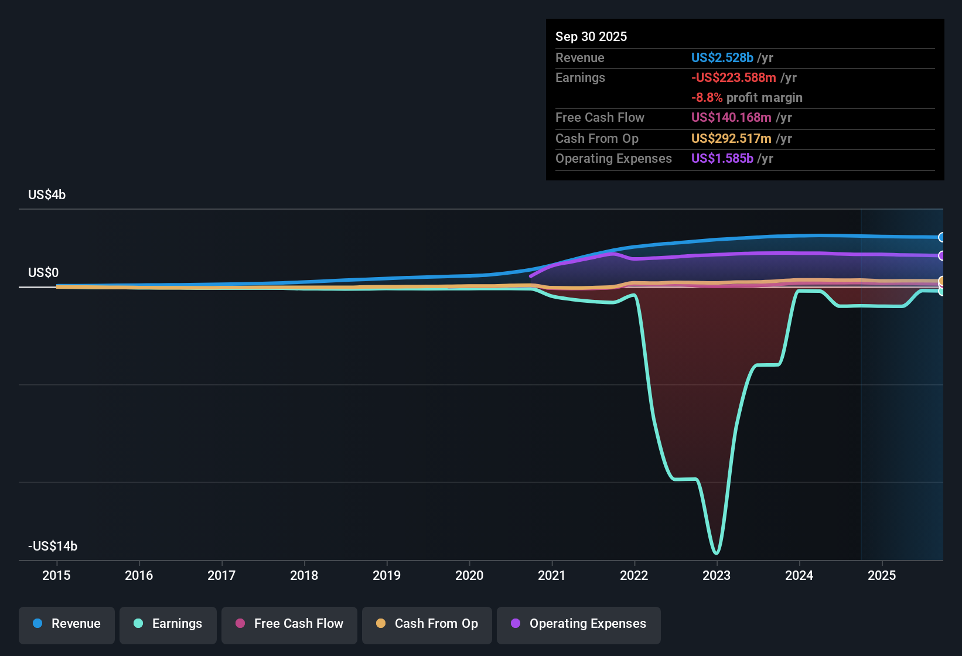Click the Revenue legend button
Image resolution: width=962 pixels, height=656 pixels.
(x=67, y=624)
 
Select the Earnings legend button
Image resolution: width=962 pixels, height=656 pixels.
(x=168, y=624)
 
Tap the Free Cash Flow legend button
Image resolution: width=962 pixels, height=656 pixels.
(x=289, y=624)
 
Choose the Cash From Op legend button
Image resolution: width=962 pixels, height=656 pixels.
(x=427, y=624)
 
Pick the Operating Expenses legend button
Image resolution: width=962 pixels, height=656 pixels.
(x=579, y=624)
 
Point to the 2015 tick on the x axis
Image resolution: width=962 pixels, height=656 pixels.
(x=56, y=575)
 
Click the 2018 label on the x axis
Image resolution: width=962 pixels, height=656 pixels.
(x=304, y=575)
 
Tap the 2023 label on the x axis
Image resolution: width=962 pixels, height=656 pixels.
(x=717, y=575)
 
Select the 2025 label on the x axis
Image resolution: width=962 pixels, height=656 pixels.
(x=882, y=575)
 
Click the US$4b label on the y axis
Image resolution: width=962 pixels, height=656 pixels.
(x=47, y=195)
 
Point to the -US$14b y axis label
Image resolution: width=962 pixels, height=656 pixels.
(x=53, y=546)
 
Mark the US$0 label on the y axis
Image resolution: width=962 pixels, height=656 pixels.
(x=43, y=273)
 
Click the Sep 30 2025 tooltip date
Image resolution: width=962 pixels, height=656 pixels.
(x=591, y=37)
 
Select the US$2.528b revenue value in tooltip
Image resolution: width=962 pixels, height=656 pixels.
(x=722, y=58)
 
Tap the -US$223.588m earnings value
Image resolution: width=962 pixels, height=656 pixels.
(x=734, y=78)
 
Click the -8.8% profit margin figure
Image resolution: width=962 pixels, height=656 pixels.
(x=707, y=98)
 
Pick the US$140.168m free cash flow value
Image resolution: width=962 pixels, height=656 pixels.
(x=731, y=118)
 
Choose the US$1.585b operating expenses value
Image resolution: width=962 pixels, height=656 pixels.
(x=722, y=159)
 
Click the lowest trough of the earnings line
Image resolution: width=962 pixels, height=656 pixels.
(x=716, y=552)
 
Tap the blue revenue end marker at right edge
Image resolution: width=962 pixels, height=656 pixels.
(x=941, y=237)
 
